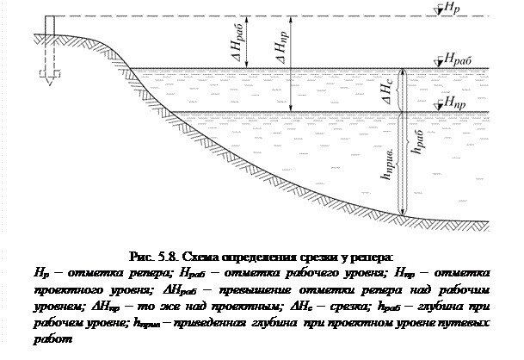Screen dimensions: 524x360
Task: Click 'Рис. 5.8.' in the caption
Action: tap(147, 257)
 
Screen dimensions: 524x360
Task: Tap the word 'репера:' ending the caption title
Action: tap(372, 257)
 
